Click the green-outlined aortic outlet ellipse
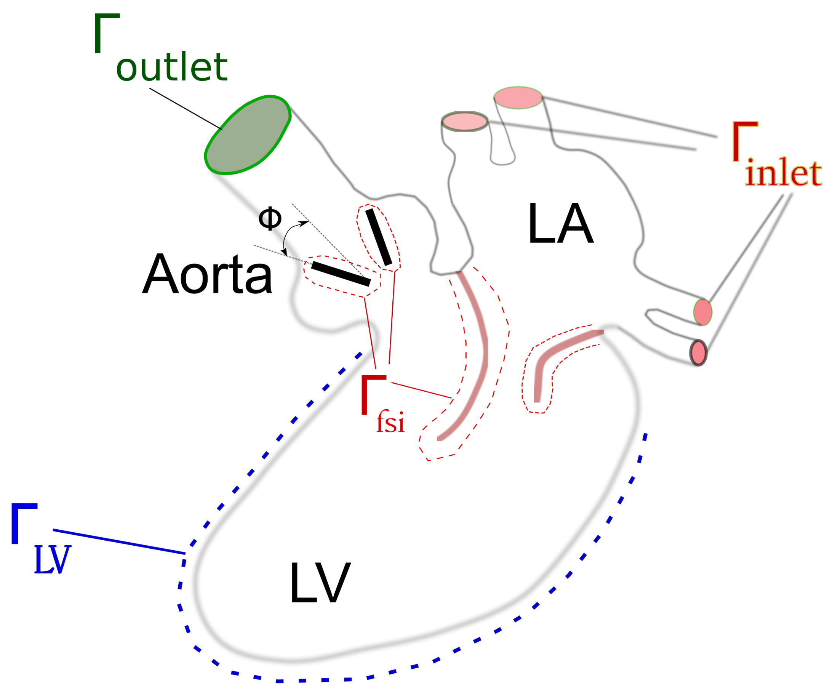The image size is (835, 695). coord(247,135)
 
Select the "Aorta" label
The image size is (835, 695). coord(207,274)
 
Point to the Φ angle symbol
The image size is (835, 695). coord(270,218)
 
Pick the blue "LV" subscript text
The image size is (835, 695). coord(53,560)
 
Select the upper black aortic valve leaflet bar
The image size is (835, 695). coord(379,237)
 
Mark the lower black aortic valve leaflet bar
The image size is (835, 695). coord(341,274)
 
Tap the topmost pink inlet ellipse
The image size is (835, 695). coord(518,98)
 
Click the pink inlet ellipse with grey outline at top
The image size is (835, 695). coord(464,121)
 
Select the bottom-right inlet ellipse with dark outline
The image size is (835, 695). coord(698,352)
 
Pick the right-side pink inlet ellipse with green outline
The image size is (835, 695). coord(702,312)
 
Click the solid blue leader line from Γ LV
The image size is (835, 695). coord(119,541)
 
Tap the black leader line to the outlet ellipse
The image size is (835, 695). coord(185,109)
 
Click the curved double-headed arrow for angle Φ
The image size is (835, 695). coord(287,235)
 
